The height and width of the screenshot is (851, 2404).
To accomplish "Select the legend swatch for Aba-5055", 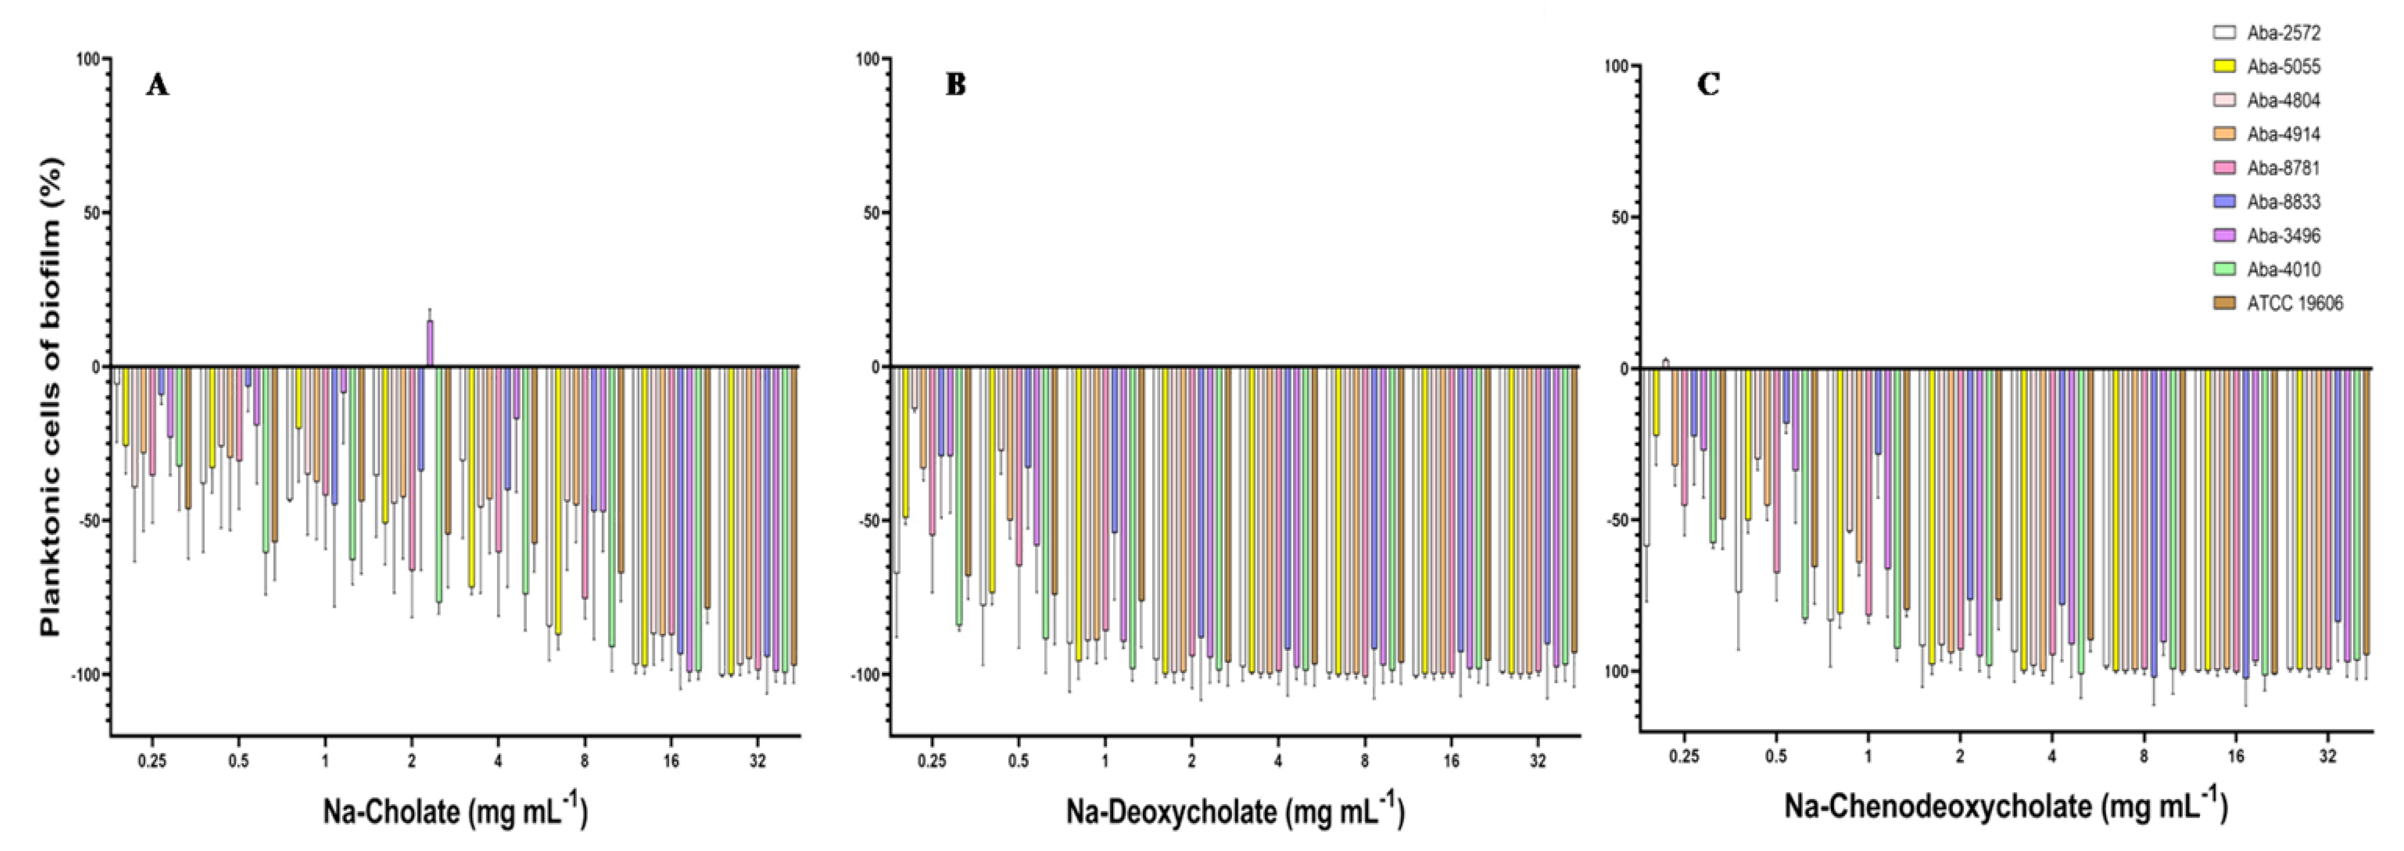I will point(2225,66).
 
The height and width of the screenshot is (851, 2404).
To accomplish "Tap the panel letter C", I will point(1708,85).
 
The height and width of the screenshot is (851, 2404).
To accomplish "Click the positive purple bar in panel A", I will point(430,343).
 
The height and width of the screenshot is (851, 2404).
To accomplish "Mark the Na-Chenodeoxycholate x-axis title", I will point(2006,805).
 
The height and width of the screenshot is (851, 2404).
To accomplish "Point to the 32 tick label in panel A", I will point(758,760).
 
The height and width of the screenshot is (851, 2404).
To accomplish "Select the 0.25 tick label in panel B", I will point(931,760).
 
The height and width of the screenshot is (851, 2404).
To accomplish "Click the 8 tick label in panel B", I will point(1364,760).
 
